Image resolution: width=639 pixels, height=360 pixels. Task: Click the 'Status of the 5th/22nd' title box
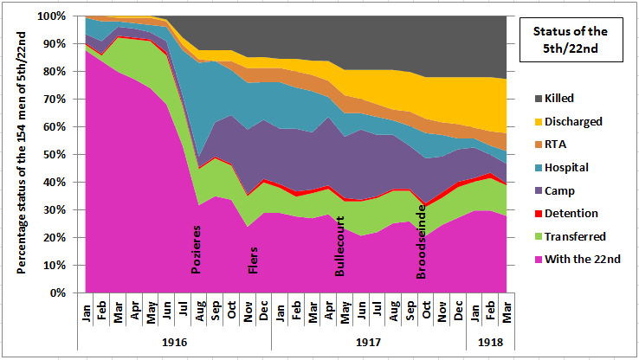[x=574, y=39]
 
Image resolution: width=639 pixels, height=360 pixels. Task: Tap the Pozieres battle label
[x=197, y=248]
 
